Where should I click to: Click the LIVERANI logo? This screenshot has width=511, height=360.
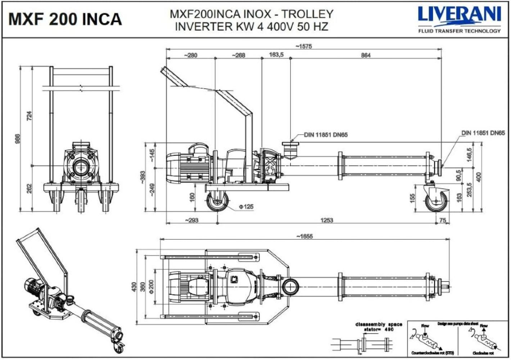point(459,15)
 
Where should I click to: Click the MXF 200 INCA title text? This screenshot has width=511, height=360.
point(65,19)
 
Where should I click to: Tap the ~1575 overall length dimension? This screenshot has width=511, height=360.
point(303,46)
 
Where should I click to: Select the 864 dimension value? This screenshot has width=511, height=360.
point(366,55)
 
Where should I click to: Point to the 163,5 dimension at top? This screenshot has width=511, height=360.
point(276,55)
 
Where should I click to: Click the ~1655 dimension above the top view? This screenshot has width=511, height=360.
point(304,236)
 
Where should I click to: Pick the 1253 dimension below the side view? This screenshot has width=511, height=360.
point(326,220)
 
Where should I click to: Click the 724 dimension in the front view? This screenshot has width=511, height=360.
point(29,116)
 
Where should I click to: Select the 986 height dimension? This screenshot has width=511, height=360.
point(18,138)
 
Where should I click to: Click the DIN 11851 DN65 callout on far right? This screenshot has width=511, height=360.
point(483,133)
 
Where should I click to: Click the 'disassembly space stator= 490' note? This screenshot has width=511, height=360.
point(379,327)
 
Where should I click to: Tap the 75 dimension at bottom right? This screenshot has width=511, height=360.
point(442,220)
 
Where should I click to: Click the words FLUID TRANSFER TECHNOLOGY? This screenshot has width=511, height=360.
point(459,31)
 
